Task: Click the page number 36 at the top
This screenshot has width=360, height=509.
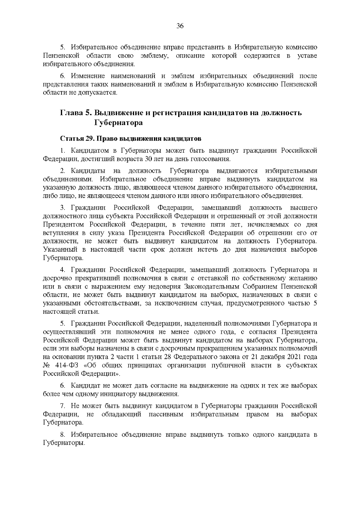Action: point(180,26)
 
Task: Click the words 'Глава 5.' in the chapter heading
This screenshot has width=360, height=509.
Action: point(75,113)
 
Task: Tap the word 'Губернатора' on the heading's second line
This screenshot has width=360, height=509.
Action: point(118,123)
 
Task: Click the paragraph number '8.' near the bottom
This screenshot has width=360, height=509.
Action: point(62,435)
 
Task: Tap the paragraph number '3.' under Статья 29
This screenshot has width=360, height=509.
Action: point(62,208)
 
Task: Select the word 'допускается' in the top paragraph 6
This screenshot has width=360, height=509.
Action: point(99,93)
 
